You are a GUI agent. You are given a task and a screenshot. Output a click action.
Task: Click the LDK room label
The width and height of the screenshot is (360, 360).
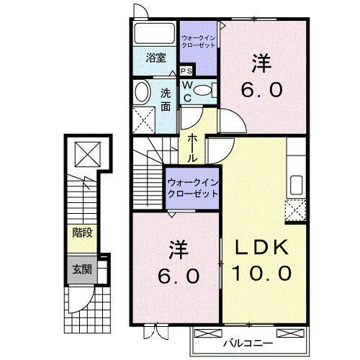tap(262, 248)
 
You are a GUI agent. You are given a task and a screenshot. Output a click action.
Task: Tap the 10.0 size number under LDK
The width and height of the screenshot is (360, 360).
tap(262, 273)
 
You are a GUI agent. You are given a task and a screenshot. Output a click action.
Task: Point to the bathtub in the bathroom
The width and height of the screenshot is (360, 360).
tap(153, 33)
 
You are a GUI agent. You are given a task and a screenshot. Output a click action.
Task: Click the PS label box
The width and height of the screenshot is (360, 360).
tap(186, 71)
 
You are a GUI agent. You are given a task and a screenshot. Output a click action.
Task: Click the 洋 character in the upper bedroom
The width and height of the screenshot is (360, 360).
tap(261, 63)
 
